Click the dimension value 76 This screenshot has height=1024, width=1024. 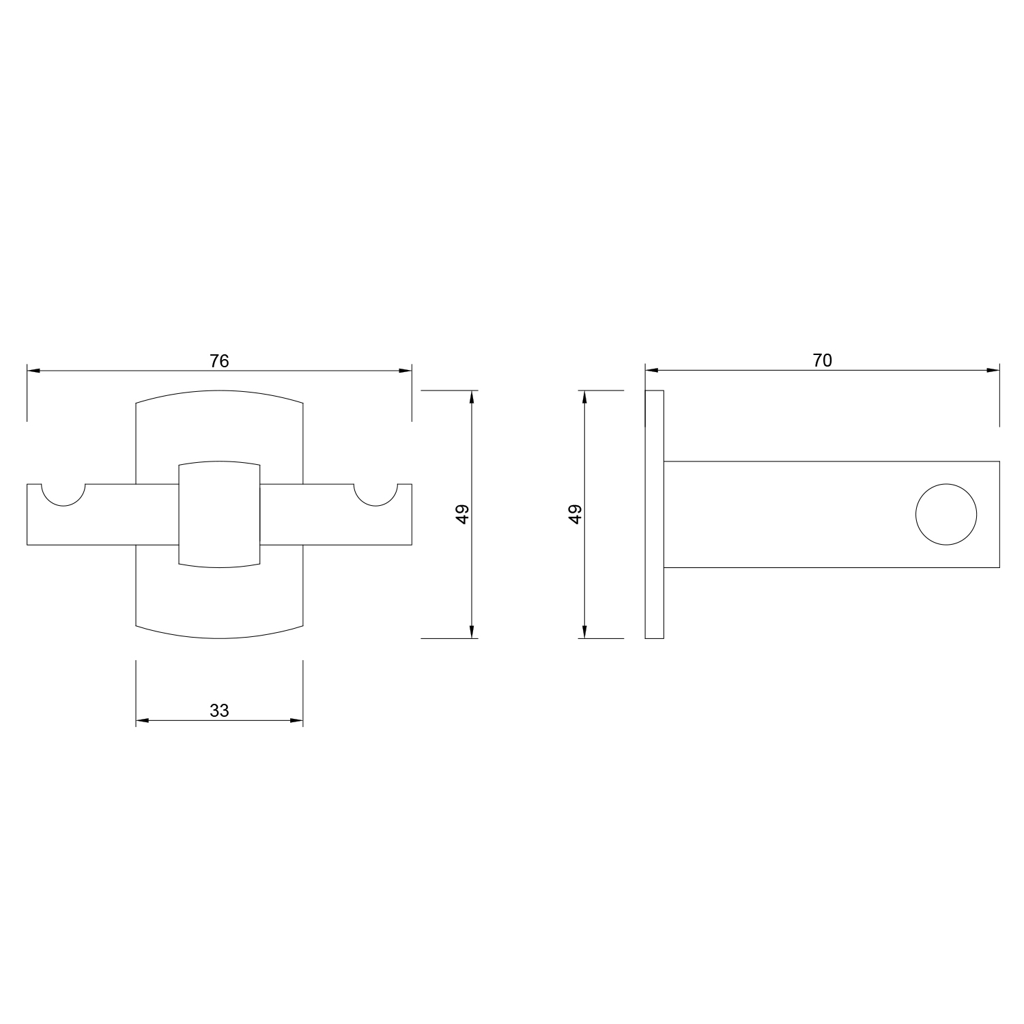pyautogui.click(x=219, y=361)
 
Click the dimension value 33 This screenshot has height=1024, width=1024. pyautogui.click(x=219, y=711)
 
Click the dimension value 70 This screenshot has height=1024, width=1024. pyautogui.click(x=823, y=360)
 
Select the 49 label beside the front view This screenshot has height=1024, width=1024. pyautogui.click(x=463, y=514)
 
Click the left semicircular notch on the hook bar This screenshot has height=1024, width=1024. pyautogui.click(x=63, y=505)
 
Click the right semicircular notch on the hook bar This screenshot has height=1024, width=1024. pyautogui.click(x=375, y=505)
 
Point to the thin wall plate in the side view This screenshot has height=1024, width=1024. pyautogui.click(x=654, y=514)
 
